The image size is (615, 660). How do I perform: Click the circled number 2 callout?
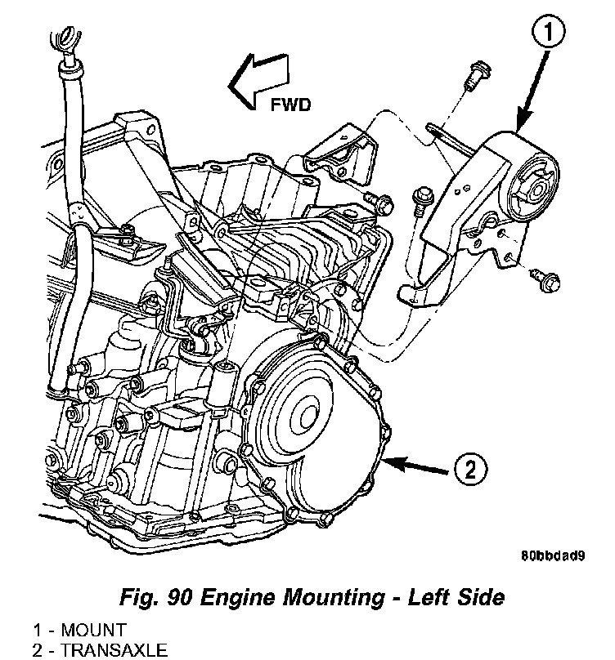[470, 469]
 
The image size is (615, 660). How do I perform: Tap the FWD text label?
[290, 105]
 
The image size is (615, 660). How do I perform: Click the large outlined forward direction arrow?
[258, 81]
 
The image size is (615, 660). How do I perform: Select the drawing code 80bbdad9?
[553, 555]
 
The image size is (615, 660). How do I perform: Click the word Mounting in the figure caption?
[334, 598]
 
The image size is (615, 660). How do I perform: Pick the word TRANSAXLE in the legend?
[114, 650]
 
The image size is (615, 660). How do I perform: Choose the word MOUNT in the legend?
[93, 630]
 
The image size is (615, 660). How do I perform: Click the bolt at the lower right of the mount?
[545, 279]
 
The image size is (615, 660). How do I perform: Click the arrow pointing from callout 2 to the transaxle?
[415, 466]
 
